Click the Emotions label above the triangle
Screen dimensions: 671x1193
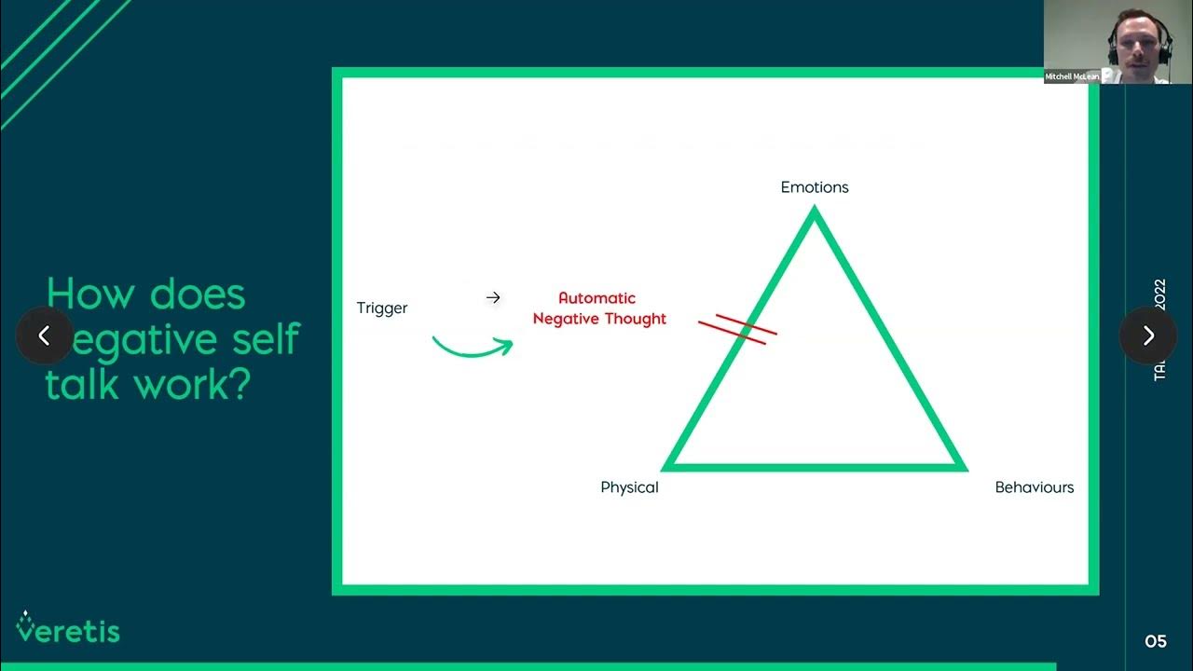pyautogui.click(x=815, y=187)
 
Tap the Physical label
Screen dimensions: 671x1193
pyautogui.click(x=629, y=487)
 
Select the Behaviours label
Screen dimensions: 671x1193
pyautogui.click(x=1034, y=487)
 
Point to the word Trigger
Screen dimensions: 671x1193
pyautogui.click(x=382, y=308)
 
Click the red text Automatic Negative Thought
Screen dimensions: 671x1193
pyautogui.click(x=598, y=308)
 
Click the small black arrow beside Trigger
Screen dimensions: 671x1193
pyautogui.click(x=493, y=297)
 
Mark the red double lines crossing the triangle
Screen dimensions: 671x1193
pyautogui.click(x=737, y=328)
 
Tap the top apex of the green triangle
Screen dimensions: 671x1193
pyautogui.click(x=815, y=213)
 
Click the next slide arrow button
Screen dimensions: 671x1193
pyautogui.click(x=1148, y=335)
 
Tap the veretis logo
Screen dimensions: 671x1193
pyautogui.click(x=67, y=629)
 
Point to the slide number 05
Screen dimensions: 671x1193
pyautogui.click(x=1156, y=641)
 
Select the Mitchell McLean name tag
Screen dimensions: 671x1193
pyautogui.click(x=1073, y=76)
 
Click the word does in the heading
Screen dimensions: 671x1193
pyautogui.click(x=198, y=294)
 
